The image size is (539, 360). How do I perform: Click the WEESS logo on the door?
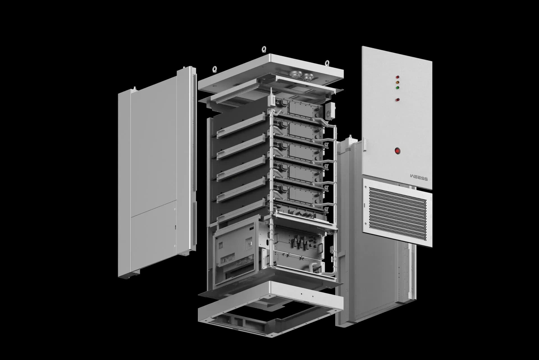[419, 177]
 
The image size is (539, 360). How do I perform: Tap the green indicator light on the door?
[397, 87]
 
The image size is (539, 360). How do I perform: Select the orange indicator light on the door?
[397, 82]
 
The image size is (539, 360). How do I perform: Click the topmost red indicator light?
[397, 77]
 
